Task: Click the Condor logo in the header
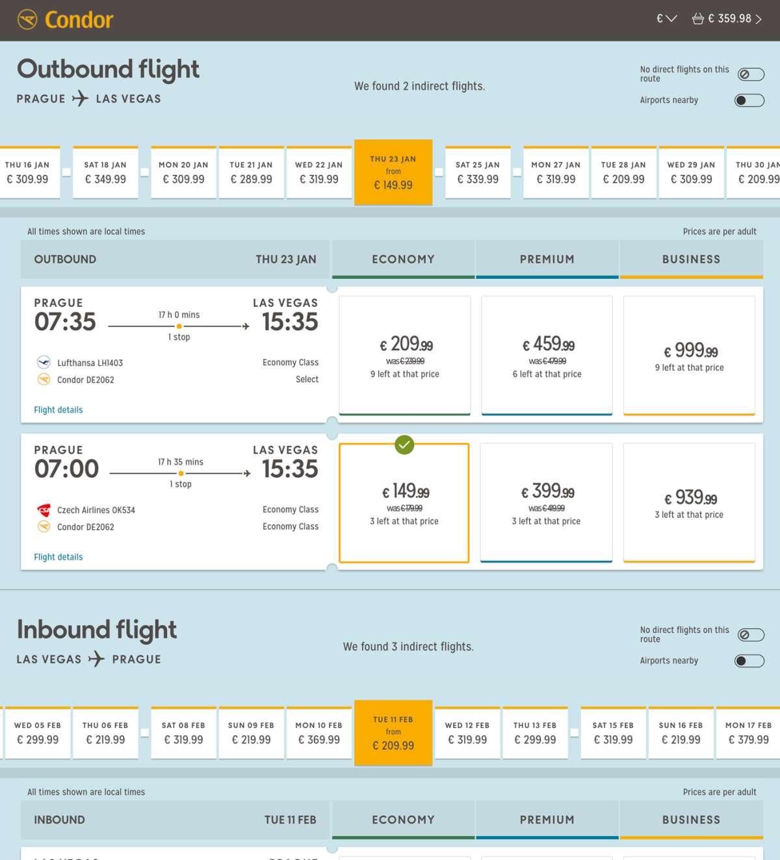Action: pos(65,20)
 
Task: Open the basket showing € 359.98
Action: pos(726,19)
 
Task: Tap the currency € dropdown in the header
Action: pos(666,19)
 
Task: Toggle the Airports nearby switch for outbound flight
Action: pos(749,100)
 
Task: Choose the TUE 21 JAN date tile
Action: pos(251,173)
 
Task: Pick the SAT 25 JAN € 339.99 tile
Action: pos(478,173)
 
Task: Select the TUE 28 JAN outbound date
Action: pos(623,173)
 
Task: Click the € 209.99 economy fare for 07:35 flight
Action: pos(405,355)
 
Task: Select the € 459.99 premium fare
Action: pos(547,355)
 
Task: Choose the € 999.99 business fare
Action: pos(689,355)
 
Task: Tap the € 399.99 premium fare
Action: pos(546,502)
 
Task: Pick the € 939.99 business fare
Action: pos(689,502)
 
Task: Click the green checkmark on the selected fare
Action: pos(404,445)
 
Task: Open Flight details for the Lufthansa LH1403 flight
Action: pos(58,410)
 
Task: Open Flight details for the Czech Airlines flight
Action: pos(58,557)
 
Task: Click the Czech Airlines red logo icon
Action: pos(44,510)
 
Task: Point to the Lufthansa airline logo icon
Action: pos(44,363)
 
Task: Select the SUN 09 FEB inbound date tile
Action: pos(251,733)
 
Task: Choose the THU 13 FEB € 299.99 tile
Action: pos(535,733)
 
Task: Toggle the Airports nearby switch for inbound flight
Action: pos(749,661)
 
